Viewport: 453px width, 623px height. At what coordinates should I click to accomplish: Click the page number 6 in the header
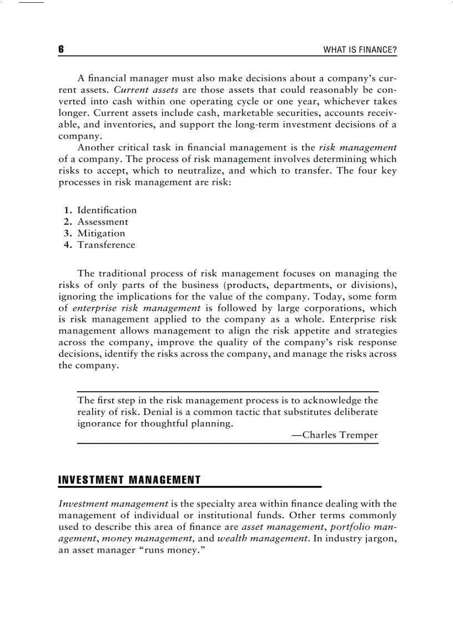point(61,50)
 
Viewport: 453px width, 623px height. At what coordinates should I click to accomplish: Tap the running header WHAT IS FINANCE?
point(360,50)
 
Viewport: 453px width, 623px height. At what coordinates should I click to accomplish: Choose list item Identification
point(107,210)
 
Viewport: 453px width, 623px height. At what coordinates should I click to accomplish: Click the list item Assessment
point(102,222)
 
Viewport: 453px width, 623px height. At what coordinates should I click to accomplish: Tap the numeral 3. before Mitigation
point(69,234)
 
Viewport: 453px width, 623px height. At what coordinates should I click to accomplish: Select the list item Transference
point(106,245)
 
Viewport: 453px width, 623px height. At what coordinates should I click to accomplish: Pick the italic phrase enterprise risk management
point(136,308)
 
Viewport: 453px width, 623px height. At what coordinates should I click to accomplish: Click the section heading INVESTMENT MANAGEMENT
point(129,480)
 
